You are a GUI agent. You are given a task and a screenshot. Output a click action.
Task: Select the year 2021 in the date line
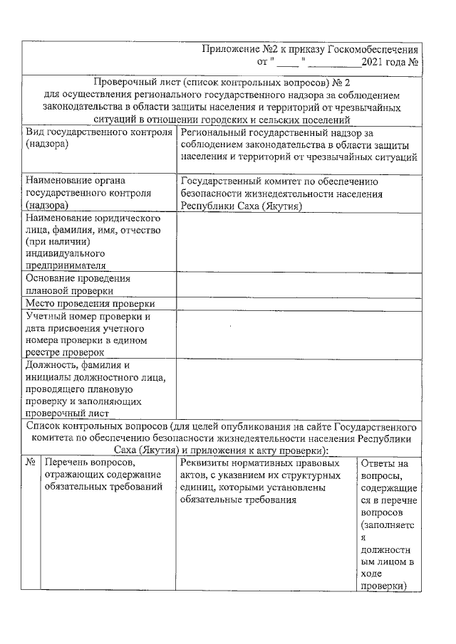[374, 62]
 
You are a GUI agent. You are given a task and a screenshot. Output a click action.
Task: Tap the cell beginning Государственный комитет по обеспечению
[299, 193]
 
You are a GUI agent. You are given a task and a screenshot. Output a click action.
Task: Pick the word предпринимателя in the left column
[65, 265]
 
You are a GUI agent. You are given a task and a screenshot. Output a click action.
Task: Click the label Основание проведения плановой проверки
[78, 285]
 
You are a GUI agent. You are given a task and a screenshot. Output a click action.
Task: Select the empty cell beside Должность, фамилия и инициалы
[299, 389]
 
